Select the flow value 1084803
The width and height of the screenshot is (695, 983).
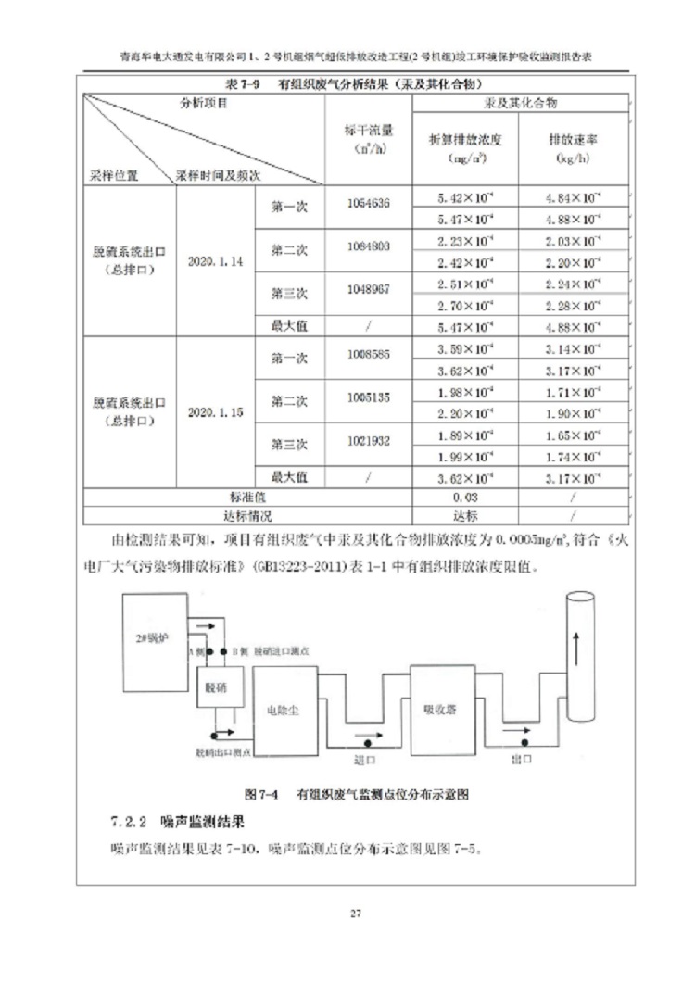368,246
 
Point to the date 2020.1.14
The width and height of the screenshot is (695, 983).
215,262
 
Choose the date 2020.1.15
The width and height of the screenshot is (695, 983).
215,412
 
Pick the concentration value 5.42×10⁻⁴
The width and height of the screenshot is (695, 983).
465,197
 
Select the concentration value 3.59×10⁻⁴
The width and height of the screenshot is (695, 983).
465,349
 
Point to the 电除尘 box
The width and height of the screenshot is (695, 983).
289,712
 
